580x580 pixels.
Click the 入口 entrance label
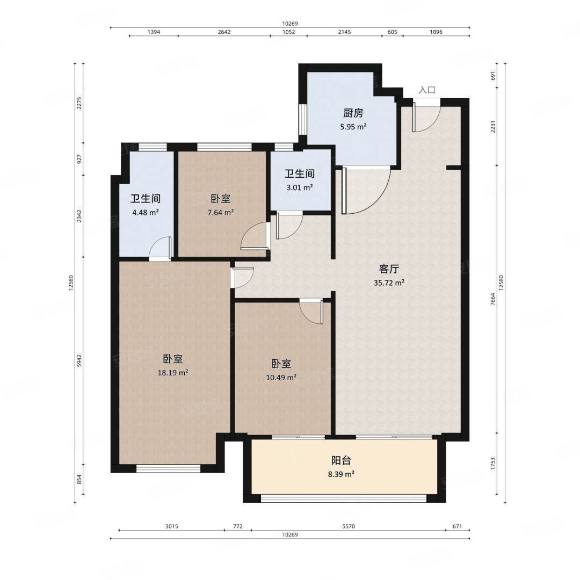(x=427, y=90)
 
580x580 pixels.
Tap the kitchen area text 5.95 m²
(x=353, y=127)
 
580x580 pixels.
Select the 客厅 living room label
(x=389, y=269)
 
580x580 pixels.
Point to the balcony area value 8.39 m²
(x=341, y=474)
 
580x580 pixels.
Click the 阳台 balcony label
(x=341, y=461)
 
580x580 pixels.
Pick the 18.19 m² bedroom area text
(x=173, y=373)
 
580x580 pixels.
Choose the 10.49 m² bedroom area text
(x=281, y=378)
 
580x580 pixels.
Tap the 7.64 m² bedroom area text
(x=221, y=213)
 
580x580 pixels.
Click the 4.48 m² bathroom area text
(x=146, y=213)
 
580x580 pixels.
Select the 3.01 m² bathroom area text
(x=300, y=187)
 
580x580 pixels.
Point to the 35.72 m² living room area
(x=389, y=283)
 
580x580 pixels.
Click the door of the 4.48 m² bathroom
(x=160, y=247)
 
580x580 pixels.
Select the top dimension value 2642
(x=224, y=32)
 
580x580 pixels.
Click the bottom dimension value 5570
(x=349, y=526)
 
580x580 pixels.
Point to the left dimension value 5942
(x=79, y=361)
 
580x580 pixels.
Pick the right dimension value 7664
(x=492, y=299)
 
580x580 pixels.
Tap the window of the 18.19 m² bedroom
(x=168, y=469)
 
